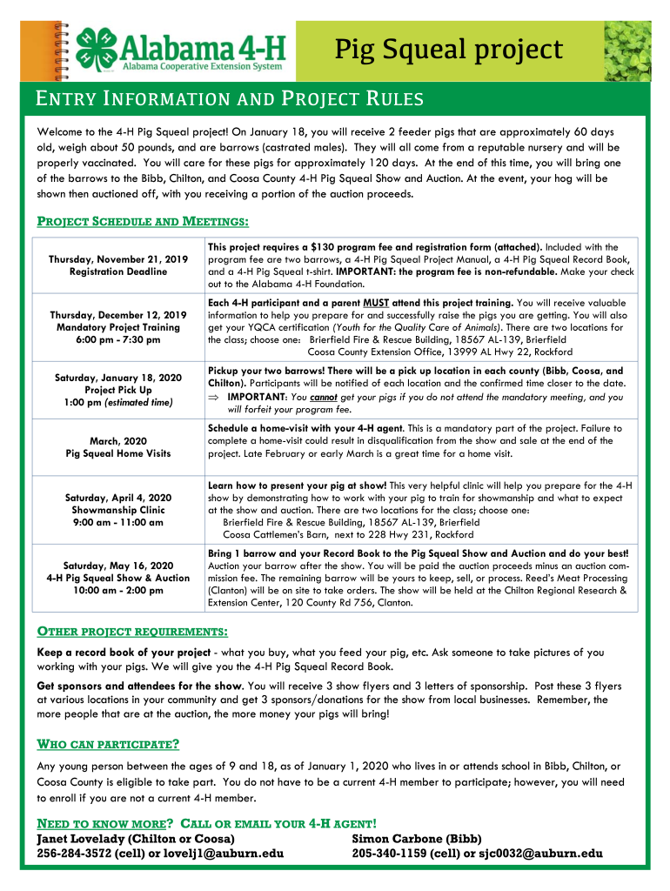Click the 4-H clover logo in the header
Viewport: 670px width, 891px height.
click(x=96, y=48)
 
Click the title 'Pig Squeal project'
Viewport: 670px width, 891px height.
click(x=449, y=50)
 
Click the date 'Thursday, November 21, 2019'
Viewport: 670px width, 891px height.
click(x=118, y=259)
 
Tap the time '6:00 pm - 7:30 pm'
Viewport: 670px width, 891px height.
click(x=118, y=339)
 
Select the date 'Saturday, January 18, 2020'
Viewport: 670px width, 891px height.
click(x=118, y=378)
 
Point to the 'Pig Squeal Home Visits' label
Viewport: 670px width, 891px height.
click(x=118, y=453)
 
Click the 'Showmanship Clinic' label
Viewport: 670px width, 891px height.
click(x=118, y=510)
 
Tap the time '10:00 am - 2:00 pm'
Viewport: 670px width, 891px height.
click(x=118, y=590)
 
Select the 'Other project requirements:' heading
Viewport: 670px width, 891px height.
click(x=132, y=630)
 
